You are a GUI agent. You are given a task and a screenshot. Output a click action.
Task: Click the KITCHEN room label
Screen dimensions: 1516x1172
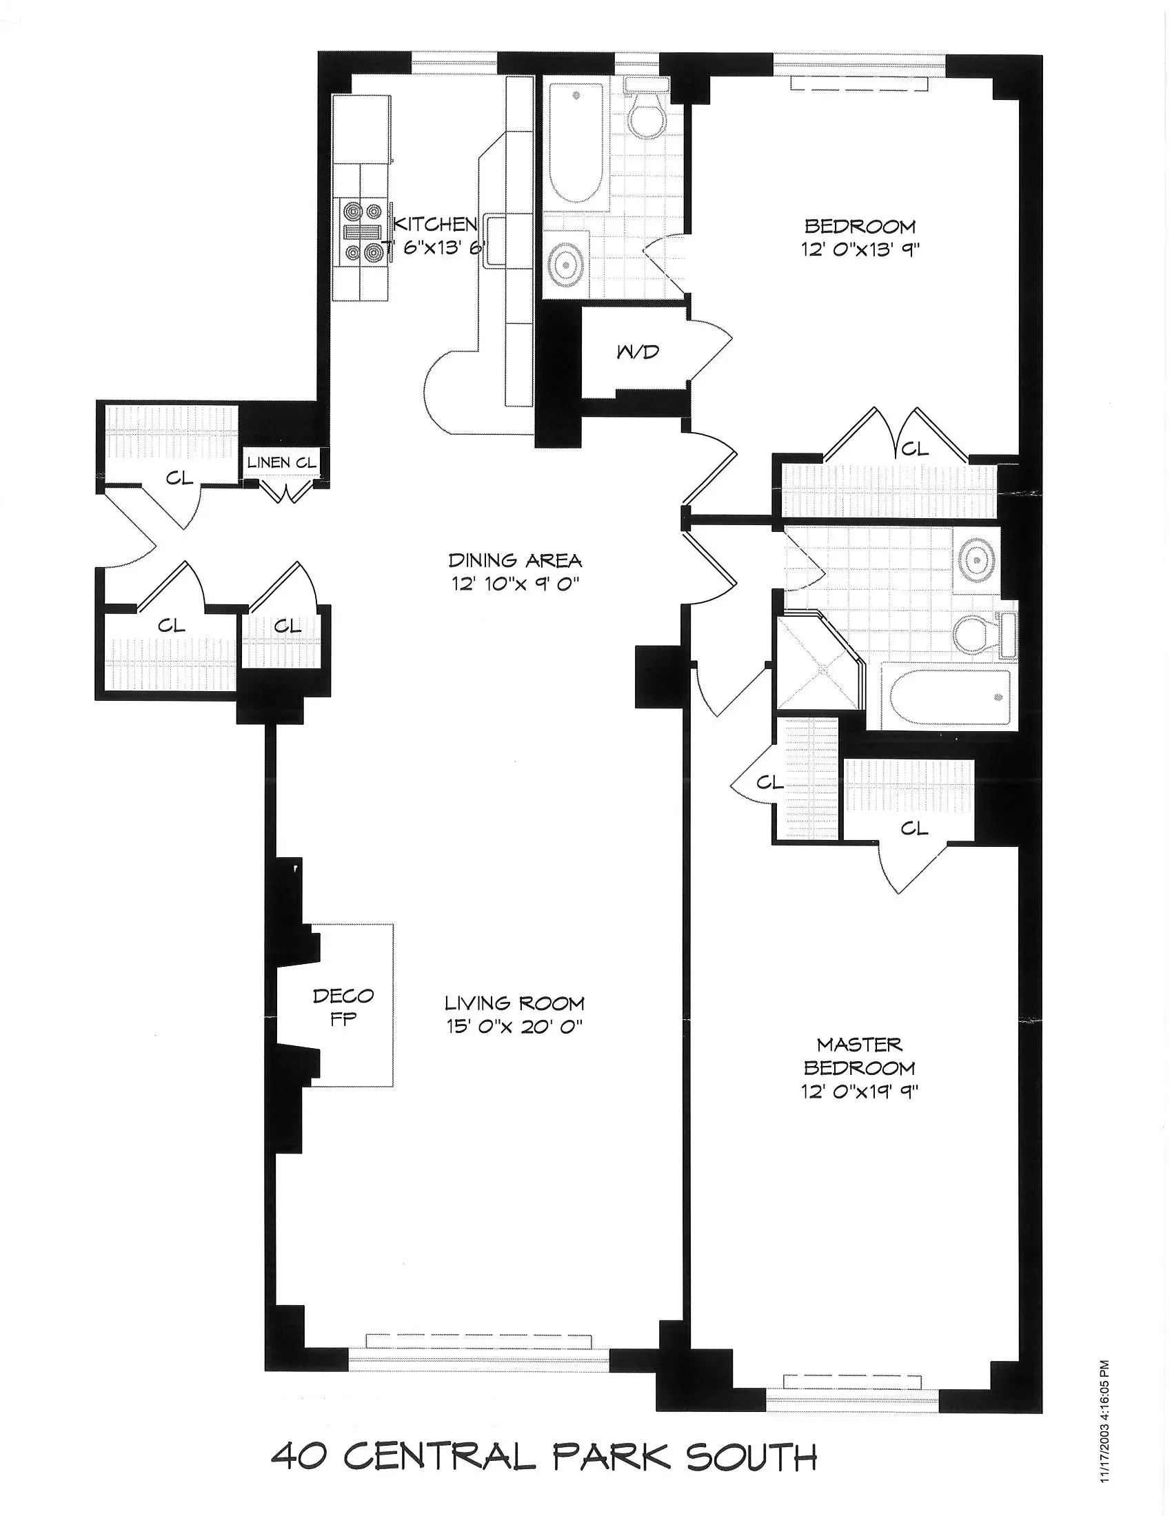pyautogui.click(x=435, y=223)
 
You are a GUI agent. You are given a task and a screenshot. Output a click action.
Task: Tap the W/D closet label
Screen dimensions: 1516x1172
pyautogui.click(x=638, y=352)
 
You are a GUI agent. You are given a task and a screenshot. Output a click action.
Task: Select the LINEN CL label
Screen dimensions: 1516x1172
pyautogui.click(x=282, y=462)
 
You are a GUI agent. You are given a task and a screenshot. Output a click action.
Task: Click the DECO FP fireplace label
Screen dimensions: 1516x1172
pyautogui.click(x=343, y=1007)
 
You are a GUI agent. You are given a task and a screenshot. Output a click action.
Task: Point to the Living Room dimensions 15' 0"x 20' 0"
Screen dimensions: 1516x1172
pyautogui.click(x=514, y=1026)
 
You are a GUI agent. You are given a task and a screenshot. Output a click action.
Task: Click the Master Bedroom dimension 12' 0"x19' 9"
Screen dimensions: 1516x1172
pyautogui.click(x=859, y=1092)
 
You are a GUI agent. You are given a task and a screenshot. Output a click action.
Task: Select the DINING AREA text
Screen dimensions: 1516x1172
pyautogui.click(x=514, y=560)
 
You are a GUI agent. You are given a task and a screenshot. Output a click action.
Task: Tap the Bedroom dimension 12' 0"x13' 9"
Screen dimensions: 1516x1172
pyautogui.click(x=860, y=249)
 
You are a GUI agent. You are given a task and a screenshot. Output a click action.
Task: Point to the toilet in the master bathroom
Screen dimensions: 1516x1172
pyautogui.click(x=976, y=633)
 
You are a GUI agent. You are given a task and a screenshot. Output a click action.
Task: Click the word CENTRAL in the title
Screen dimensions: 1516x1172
pyautogui.click(x=438, y=1455)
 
